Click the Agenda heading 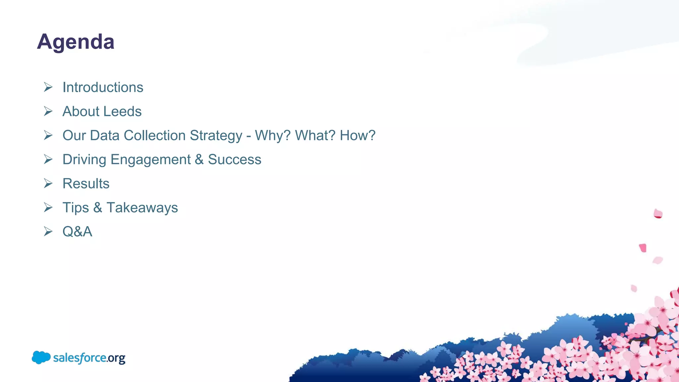pos(76,42)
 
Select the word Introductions pos(103,88)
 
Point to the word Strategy pos(216,136)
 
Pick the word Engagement pos(151,160)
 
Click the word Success pos(234,159)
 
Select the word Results pos(86,184)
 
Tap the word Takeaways pos(142,208)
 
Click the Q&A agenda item pos(77,231)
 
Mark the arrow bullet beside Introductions pos(48,87)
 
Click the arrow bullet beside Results pos(48,183)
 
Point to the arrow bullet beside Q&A pos(48,231)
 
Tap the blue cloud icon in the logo pos(41,357)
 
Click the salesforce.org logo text pos(89,358)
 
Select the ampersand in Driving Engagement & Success pos(199,159)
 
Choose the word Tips pos(76,208)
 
